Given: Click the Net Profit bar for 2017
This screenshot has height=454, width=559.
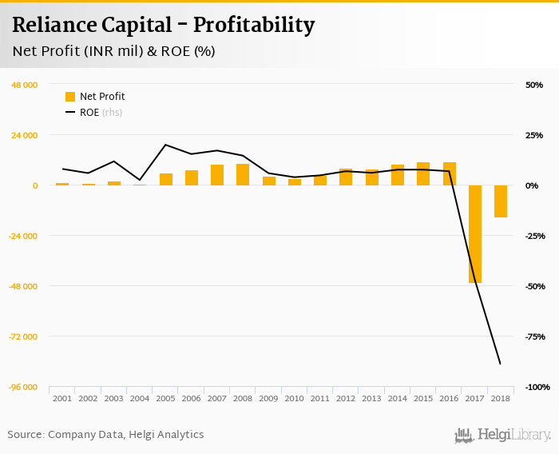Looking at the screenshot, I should (x=475, y=233).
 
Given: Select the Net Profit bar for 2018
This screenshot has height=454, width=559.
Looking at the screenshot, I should (x=501, y=201).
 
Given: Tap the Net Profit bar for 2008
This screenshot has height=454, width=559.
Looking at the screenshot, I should (x=243, y=174).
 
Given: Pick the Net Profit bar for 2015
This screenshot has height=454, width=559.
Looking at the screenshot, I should (x=423, y=173).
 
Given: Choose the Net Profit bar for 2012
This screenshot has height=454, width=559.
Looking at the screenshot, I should (x=346, y=177).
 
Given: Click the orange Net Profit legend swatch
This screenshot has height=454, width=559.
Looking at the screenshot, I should (x=70, y=97).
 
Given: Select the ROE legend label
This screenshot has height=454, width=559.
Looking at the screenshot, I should (x=89, y=113).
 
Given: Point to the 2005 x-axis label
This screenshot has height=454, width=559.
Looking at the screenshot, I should (x=165, y=398).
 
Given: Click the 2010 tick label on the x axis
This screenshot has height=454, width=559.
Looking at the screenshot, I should (x=295, y=398).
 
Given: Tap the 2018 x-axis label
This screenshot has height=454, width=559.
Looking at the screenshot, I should (x=501, y=398).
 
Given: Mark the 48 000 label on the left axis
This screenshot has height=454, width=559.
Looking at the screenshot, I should (x=24, y=85).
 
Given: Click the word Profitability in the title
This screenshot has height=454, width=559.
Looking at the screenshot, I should (x=252, y=25).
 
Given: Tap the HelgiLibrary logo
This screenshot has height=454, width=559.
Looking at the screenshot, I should (x=503, y=435).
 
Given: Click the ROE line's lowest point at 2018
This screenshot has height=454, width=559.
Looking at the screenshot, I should (x=501, y=364).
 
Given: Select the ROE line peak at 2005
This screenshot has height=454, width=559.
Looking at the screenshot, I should (x=165, y=145).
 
